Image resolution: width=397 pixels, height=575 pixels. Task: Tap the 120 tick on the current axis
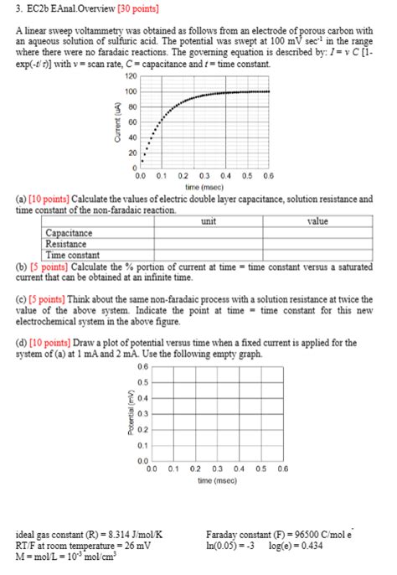coord(131,76)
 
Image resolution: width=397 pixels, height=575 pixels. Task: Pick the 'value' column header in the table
coord(317,221)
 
